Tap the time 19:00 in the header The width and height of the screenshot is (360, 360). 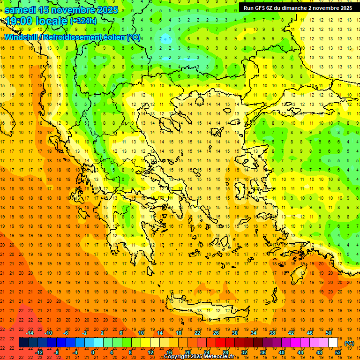[x=21, y=21]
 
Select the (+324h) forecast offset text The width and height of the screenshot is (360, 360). [x=83, y=21]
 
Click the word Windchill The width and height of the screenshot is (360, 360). [x=22, y=37]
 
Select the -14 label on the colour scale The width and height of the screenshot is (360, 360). [x=30, y=333]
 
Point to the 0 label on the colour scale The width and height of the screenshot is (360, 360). [x=92, y=352]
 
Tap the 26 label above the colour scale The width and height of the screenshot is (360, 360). [x=216, y=333]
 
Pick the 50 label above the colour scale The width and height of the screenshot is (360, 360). [x=329, y=333]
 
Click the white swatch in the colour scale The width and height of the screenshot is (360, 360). [x=333, y=343]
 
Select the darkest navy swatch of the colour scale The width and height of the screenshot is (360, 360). [x=23, y=343]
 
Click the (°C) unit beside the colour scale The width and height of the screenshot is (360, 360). [x=349, y=343]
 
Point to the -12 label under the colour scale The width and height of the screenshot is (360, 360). [x=39, y=352]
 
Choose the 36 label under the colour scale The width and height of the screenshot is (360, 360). [x=262, y=352]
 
